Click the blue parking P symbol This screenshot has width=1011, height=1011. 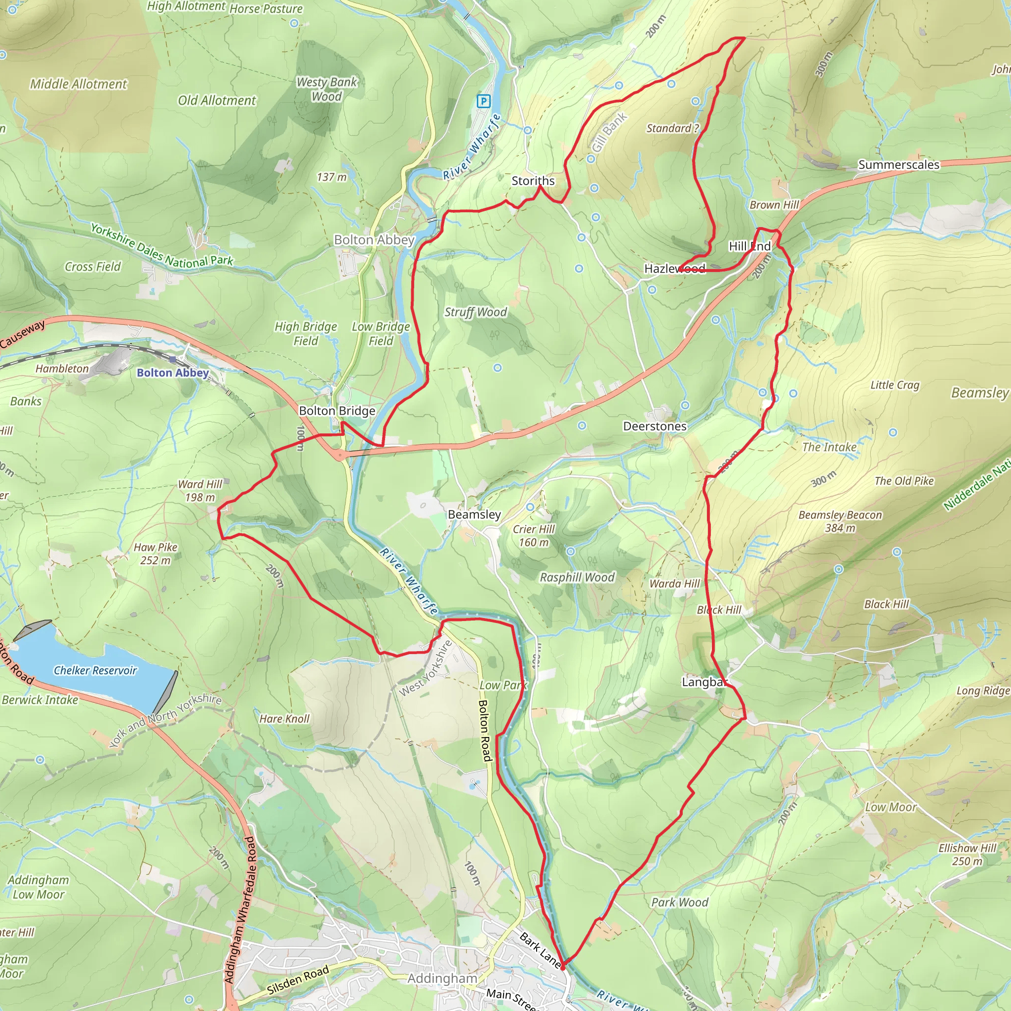click(x=483, y=101)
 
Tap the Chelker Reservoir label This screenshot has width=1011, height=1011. click(x=95, y=670)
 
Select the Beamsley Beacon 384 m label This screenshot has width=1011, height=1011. click(x=840, y=521)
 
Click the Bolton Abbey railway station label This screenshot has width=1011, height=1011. click(x=173, y=373)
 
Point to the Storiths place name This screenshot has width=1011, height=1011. click(x=533, y=181)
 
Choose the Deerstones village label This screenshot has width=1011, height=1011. click(x=654, y=427)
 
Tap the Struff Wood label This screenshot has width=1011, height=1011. click(x=476, y=312)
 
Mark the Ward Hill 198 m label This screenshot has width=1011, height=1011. click(x=200, y=490)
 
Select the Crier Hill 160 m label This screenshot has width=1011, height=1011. click(x=533, y=535)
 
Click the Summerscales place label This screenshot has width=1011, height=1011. click(x=898, y=165)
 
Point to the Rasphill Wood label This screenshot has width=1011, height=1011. click(x=577, y=577)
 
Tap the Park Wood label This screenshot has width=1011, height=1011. click(x=679, y=902)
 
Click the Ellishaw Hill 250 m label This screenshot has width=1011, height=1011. click(x=967, y=854)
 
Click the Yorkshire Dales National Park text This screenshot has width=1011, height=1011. click(x=162, y=245)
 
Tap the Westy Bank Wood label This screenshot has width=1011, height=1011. click(x=326, y=89)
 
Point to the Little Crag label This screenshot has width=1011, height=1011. click(x=894, y=385)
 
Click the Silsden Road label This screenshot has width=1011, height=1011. click(x=298, y=979)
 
